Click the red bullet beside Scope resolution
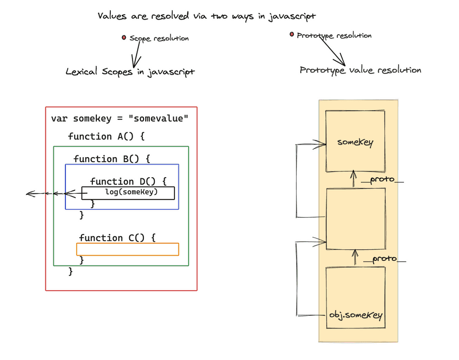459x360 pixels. pyautogui.click(x=124, y=38)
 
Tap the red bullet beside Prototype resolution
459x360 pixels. pyautogui.click(x=292, y=35)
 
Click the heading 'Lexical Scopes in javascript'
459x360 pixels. pyautogui.click(x=130, y=72)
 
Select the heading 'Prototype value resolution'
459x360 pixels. pyautogui.click(x=360, y=70)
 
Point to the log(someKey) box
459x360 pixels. pyautogui.click(x=128, y=193)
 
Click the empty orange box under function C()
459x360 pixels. pyautogui.click(x=127, y=249)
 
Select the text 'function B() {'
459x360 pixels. pyautogui.click(x=111, y=159)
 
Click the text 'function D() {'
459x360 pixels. pyautogui.click(x=128, y=181)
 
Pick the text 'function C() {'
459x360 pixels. pyautogui.click(x=117, y=237)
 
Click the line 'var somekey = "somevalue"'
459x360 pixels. pyautogui.click(x=119, y=119)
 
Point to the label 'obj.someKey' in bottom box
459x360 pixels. pyautogui.click(x=356, y=315)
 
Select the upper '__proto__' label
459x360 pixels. pyautogui.click(x=382, y=180)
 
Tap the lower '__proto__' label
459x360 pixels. pyautogui.click(x=384, y=259)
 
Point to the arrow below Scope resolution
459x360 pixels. pyautogui.click(x=136, y=55)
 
